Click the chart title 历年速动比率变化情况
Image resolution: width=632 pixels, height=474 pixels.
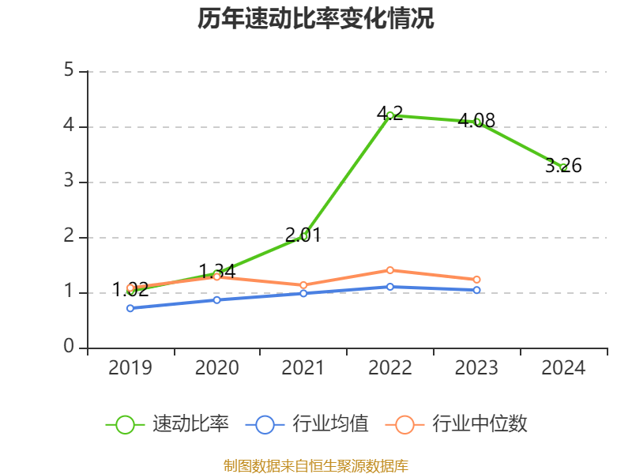[316, 19]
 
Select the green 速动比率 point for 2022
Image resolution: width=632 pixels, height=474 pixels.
[390, 115]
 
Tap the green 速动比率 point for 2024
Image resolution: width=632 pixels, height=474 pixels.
[563, 167]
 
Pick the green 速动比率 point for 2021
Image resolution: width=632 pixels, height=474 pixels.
[303, 235]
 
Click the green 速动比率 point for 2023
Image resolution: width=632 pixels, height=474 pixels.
[477, 122]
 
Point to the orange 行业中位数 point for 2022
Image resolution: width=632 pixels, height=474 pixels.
[390, 270]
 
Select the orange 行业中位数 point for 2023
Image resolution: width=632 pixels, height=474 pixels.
[477, 280]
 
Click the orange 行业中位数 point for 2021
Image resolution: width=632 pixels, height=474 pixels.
[303, 285]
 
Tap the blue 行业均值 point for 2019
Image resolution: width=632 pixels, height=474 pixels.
[130, 308]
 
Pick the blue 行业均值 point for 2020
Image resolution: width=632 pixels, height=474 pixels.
[216, 299]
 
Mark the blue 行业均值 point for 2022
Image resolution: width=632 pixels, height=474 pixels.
[390, 287]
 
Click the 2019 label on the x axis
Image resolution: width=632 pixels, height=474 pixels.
[130, 368]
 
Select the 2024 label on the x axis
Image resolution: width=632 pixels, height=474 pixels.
[563, 368]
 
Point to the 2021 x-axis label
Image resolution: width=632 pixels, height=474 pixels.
[303, 368]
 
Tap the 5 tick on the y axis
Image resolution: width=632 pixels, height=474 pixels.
[69, 71]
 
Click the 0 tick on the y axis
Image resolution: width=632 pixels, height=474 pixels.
[69, 348]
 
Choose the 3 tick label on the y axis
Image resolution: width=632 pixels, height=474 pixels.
[69, 182]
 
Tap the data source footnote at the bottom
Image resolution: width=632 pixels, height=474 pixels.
[316, 465]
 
